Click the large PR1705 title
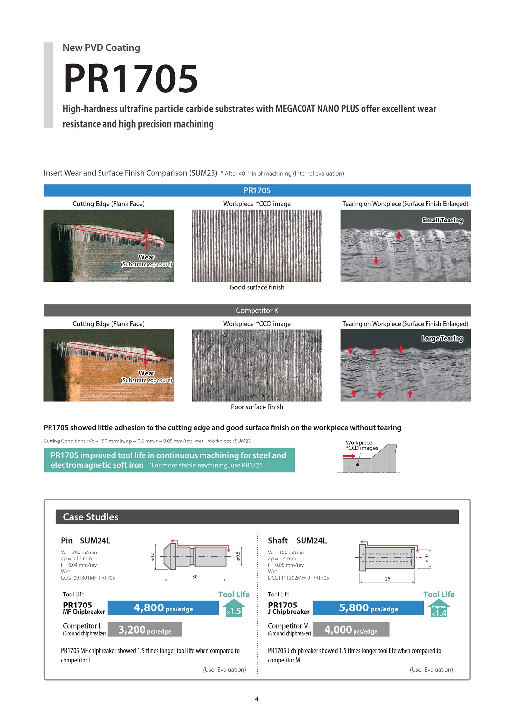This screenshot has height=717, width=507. tap(131, 78)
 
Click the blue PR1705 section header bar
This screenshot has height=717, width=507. tap(257, 191)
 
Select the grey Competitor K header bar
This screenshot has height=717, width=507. tap(257, 311)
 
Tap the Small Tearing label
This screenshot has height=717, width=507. tap(442, 221)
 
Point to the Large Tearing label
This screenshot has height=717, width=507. tap(442, 339)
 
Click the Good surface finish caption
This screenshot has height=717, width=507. tap(257, 287)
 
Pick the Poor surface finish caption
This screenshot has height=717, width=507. tap(257, 407)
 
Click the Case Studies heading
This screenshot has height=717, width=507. tap(91, 517)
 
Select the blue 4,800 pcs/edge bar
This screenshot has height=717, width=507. tap(163, 608)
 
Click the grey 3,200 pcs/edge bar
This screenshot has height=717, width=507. tap(145, 630)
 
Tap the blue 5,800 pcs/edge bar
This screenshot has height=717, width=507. tap(368, 608)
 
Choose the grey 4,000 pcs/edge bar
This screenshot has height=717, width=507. tap(351, 630)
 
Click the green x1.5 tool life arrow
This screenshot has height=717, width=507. tap(234, 608)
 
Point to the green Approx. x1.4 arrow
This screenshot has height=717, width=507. tap(439, 609)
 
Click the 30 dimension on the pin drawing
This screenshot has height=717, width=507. tap(195, 577)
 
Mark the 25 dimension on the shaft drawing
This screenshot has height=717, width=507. tap(387, 579)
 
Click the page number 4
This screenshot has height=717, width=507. tap(257, 699)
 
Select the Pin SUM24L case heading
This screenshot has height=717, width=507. tap(86, 541)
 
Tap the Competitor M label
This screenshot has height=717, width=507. tap(289, 626)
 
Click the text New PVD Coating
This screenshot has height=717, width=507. tap(101, 48)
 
